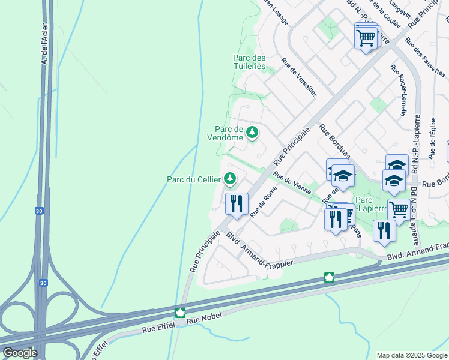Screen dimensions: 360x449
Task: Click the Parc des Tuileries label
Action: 249,62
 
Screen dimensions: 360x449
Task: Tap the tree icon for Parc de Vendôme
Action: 252,132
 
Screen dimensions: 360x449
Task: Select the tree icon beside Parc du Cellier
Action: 229,178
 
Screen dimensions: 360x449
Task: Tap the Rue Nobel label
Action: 200,322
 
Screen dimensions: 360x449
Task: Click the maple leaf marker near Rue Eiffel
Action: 179,313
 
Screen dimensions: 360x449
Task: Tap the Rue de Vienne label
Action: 292,183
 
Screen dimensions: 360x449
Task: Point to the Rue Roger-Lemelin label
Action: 399,91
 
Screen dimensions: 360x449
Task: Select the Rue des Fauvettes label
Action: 424,56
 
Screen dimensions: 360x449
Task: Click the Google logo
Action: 19,352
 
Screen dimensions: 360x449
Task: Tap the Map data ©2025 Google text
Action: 411,355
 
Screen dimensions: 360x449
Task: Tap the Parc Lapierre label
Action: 372,204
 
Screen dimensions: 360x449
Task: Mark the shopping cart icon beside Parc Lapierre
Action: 398,209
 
